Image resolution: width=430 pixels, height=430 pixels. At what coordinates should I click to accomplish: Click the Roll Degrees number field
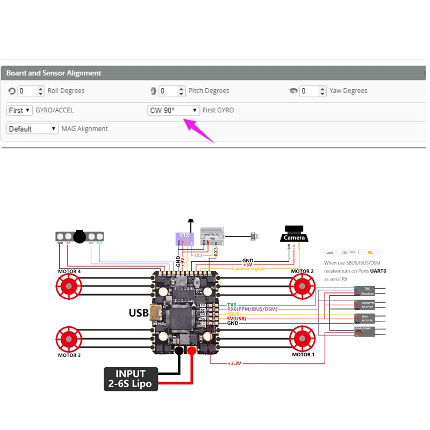27,91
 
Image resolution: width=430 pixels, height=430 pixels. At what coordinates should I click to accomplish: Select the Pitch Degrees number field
168,91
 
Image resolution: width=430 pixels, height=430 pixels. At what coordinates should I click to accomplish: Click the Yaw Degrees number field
309,91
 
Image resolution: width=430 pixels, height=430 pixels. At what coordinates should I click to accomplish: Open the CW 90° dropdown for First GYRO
174,110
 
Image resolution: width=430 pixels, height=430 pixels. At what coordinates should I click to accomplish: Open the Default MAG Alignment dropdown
32,129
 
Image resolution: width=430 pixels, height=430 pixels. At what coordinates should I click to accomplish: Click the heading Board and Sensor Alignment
54,73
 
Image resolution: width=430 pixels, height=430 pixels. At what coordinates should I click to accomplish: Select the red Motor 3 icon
69,339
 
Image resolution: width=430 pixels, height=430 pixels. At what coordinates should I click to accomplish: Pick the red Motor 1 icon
302,339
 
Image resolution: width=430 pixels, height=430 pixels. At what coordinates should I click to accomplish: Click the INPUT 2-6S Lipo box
131,379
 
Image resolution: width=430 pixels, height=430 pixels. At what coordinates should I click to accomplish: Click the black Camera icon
294,235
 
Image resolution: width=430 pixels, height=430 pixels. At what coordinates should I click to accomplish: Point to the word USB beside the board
138,312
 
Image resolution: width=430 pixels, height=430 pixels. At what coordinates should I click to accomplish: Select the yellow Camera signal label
248,269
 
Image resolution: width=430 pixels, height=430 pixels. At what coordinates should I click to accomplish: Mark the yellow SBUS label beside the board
234,314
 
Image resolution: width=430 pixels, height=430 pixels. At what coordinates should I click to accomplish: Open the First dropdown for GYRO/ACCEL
19,110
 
